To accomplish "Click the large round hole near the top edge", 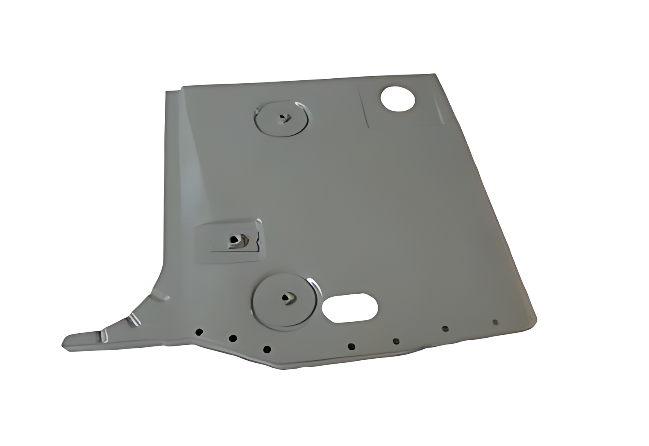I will coord(398,98).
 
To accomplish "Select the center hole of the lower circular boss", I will coord(286,298).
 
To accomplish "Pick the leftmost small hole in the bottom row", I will coord(199,332).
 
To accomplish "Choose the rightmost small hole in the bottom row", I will coord(495,322).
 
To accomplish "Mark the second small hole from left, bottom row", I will coord(233,338).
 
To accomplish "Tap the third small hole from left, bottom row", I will coord(267,349).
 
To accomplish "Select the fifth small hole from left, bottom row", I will coord(396,341).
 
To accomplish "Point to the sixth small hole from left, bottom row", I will coord(445,328).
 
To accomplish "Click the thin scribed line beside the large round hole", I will coord(364,109).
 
